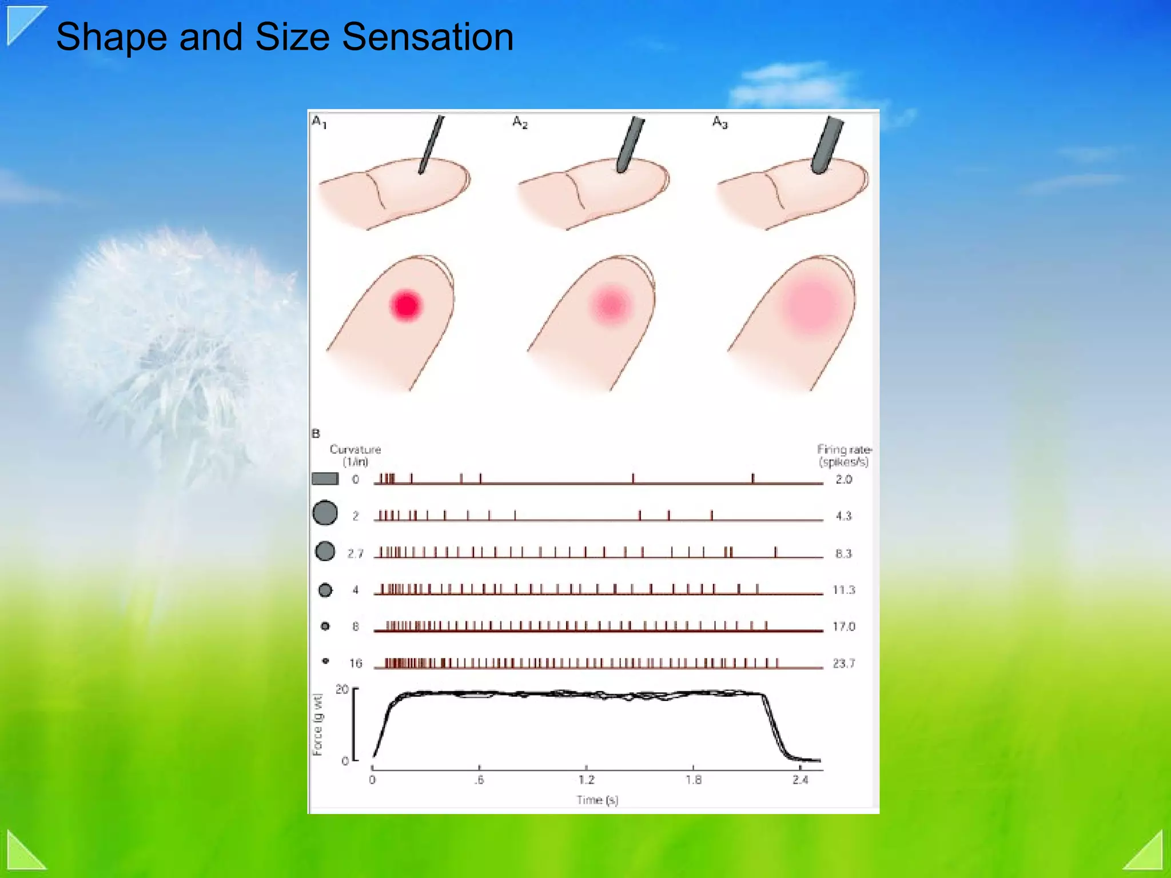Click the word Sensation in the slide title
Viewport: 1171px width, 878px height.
pos(427,37)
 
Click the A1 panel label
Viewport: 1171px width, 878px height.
pos(319,122)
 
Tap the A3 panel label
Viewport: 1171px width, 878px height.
pos(720,122)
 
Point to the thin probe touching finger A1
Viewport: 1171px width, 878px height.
pos(430,143)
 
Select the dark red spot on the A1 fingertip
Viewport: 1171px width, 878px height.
pos(406,305)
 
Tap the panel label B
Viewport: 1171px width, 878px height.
pos(316,434)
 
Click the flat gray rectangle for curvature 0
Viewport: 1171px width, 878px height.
pos(325,479)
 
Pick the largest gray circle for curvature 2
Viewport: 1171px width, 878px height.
pos(325,513)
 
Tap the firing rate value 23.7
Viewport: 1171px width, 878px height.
pos(843,664)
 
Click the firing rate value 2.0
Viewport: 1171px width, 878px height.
pos(843,480)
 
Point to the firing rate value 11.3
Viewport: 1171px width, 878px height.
pos(843,590)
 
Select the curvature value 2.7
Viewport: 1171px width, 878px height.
pos(355,553)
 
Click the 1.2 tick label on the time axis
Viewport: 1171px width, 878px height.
pos(586,780)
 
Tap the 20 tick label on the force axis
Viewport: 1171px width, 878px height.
pos(342,689)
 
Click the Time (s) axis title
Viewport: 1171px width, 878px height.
pos(597,800)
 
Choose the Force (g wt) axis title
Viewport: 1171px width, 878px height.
pos(318,724)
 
